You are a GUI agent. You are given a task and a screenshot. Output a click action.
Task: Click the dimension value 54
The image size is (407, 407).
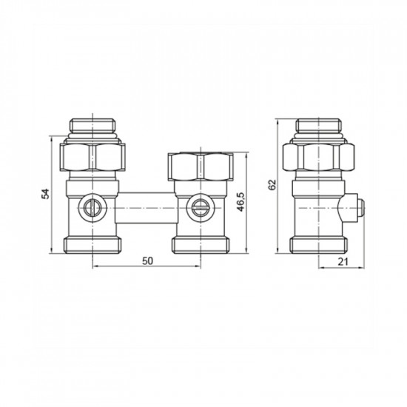(45, 194)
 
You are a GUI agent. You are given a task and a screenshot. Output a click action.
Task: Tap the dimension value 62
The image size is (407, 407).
(273, 184)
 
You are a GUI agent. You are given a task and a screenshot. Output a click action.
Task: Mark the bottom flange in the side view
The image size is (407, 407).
(318, 243)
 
